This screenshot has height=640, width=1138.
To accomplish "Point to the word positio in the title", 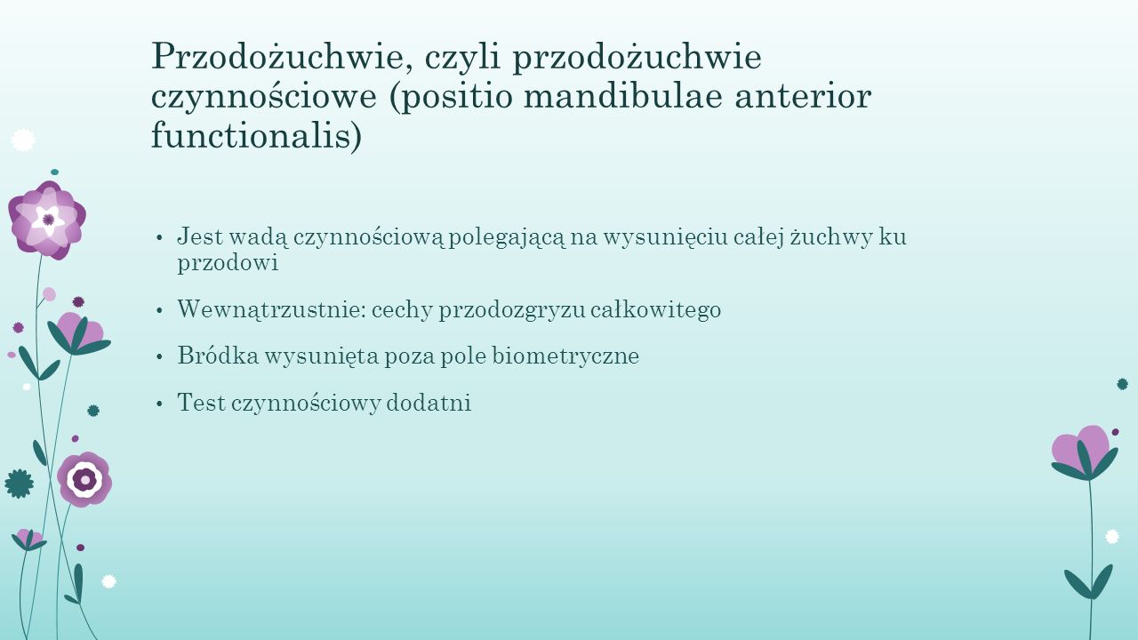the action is click(451, 97).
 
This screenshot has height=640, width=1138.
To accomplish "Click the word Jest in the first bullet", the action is click(200, 236).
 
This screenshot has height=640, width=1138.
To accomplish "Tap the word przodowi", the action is click(228, 263).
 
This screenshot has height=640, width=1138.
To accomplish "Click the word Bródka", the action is click(218, 355).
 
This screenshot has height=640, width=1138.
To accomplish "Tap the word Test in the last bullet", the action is click(201, 403).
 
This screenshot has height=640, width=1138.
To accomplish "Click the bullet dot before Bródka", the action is click(159, 357).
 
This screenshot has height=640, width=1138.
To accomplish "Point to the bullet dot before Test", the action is click(159, 404).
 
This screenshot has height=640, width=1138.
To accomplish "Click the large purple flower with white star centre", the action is click(47, 220).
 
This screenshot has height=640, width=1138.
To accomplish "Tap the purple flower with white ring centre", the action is click(84, 479).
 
